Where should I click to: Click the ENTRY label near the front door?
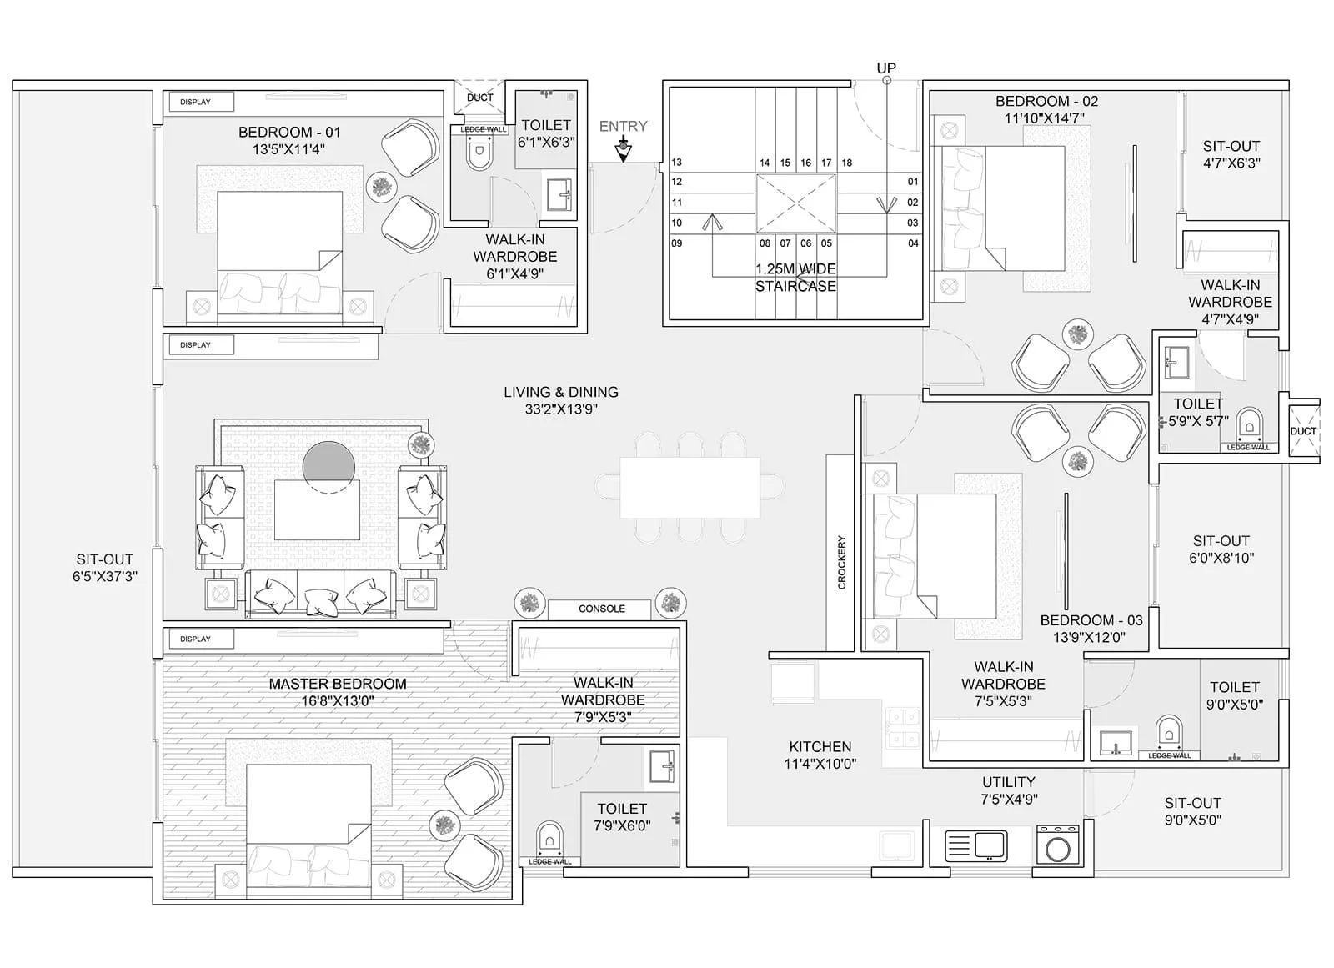(x=623, y=127)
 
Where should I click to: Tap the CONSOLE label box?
(x=601, y=609)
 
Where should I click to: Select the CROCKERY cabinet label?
(x=840, y=563)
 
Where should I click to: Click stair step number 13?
(x=676, y=163)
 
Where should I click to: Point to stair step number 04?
(x=913, y=243)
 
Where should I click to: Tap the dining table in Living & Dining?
(x=690, y=488)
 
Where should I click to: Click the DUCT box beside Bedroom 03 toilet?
(x=1303, y=430)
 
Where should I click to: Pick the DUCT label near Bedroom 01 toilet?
(x=479, y=98)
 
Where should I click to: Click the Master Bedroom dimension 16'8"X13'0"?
(x=337, y=701)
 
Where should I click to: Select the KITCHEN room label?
(x=820, y=747)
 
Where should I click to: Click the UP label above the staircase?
(x=886, y=68)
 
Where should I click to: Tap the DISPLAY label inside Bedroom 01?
(x=196, y=102)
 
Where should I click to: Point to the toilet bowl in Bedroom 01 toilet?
(x=479, y=155)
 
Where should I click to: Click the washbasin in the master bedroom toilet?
(x=663, y=766)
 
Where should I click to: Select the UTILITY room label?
(x=1008, y=782)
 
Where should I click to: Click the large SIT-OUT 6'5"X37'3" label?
(x=104, y=568)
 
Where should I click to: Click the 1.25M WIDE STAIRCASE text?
(x=795, y=278)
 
